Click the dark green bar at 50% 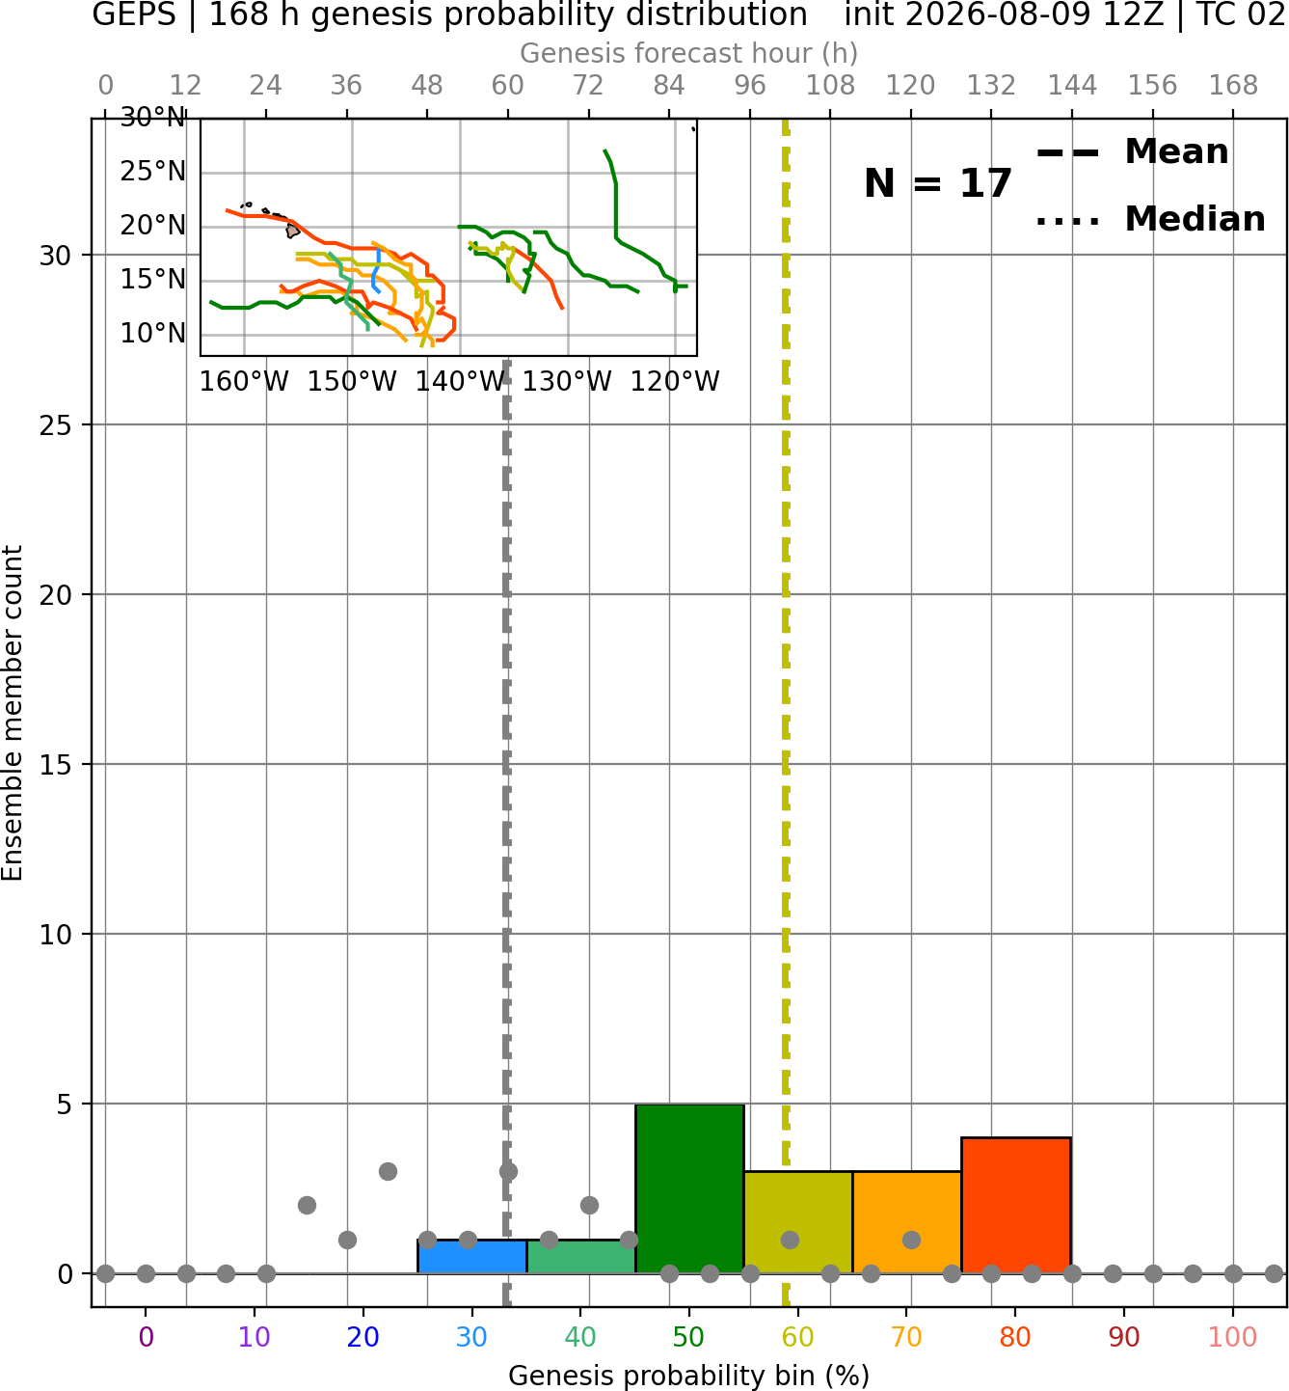point(689,1188)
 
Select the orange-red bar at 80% point(1015,1206)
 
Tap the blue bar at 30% point(471,1257)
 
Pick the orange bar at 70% point(906,1222)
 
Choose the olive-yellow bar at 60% point(798,1222)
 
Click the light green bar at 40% point(580,1257)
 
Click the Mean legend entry point(1132,152)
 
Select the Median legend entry point(1151,219)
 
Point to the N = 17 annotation point(937,183)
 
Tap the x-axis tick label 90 point(1124,1337)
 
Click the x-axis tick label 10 point(255,1337)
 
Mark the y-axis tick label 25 point(55,425)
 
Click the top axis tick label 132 point(991,86)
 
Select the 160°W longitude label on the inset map point(244,382)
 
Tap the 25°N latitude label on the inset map point(152,172)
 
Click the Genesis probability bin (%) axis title point(689,1375)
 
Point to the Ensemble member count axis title point(13,713)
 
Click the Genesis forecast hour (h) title point(689,53)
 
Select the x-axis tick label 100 point(1232,1337)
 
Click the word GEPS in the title point(134,14)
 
